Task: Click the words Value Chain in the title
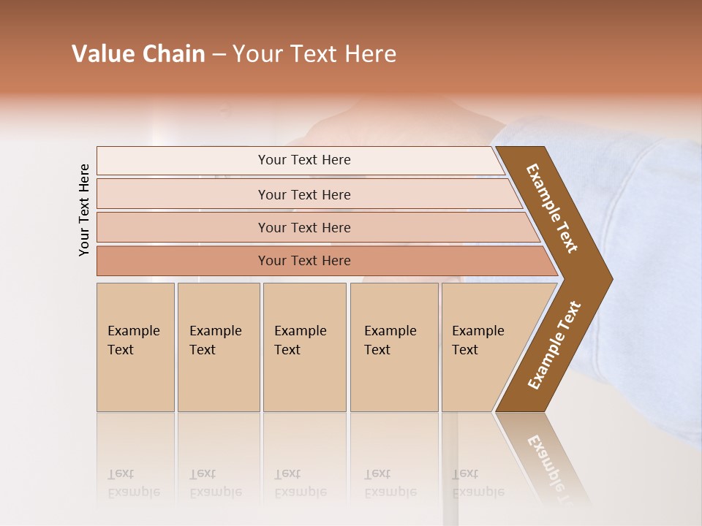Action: click(138, 54)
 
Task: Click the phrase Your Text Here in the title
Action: click(314, 54)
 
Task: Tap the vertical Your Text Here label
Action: click(84, 210)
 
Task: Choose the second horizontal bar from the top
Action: click(303, 194)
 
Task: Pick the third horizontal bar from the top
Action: click(303, 227)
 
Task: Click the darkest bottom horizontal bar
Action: click(303, 261)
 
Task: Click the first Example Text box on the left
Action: click(135, 347)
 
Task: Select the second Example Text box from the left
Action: click(218, 347)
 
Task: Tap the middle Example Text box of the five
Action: click(304, 347)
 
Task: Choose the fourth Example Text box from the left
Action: click(393, 347)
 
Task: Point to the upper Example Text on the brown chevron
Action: click(553, 208)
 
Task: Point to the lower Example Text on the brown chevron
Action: click(554, 345)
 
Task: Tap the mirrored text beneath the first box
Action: click(133, 483)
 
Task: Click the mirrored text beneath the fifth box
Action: click(478, 483)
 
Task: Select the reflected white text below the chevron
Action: click(550, 464)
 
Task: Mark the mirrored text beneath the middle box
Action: click(300, 483)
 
